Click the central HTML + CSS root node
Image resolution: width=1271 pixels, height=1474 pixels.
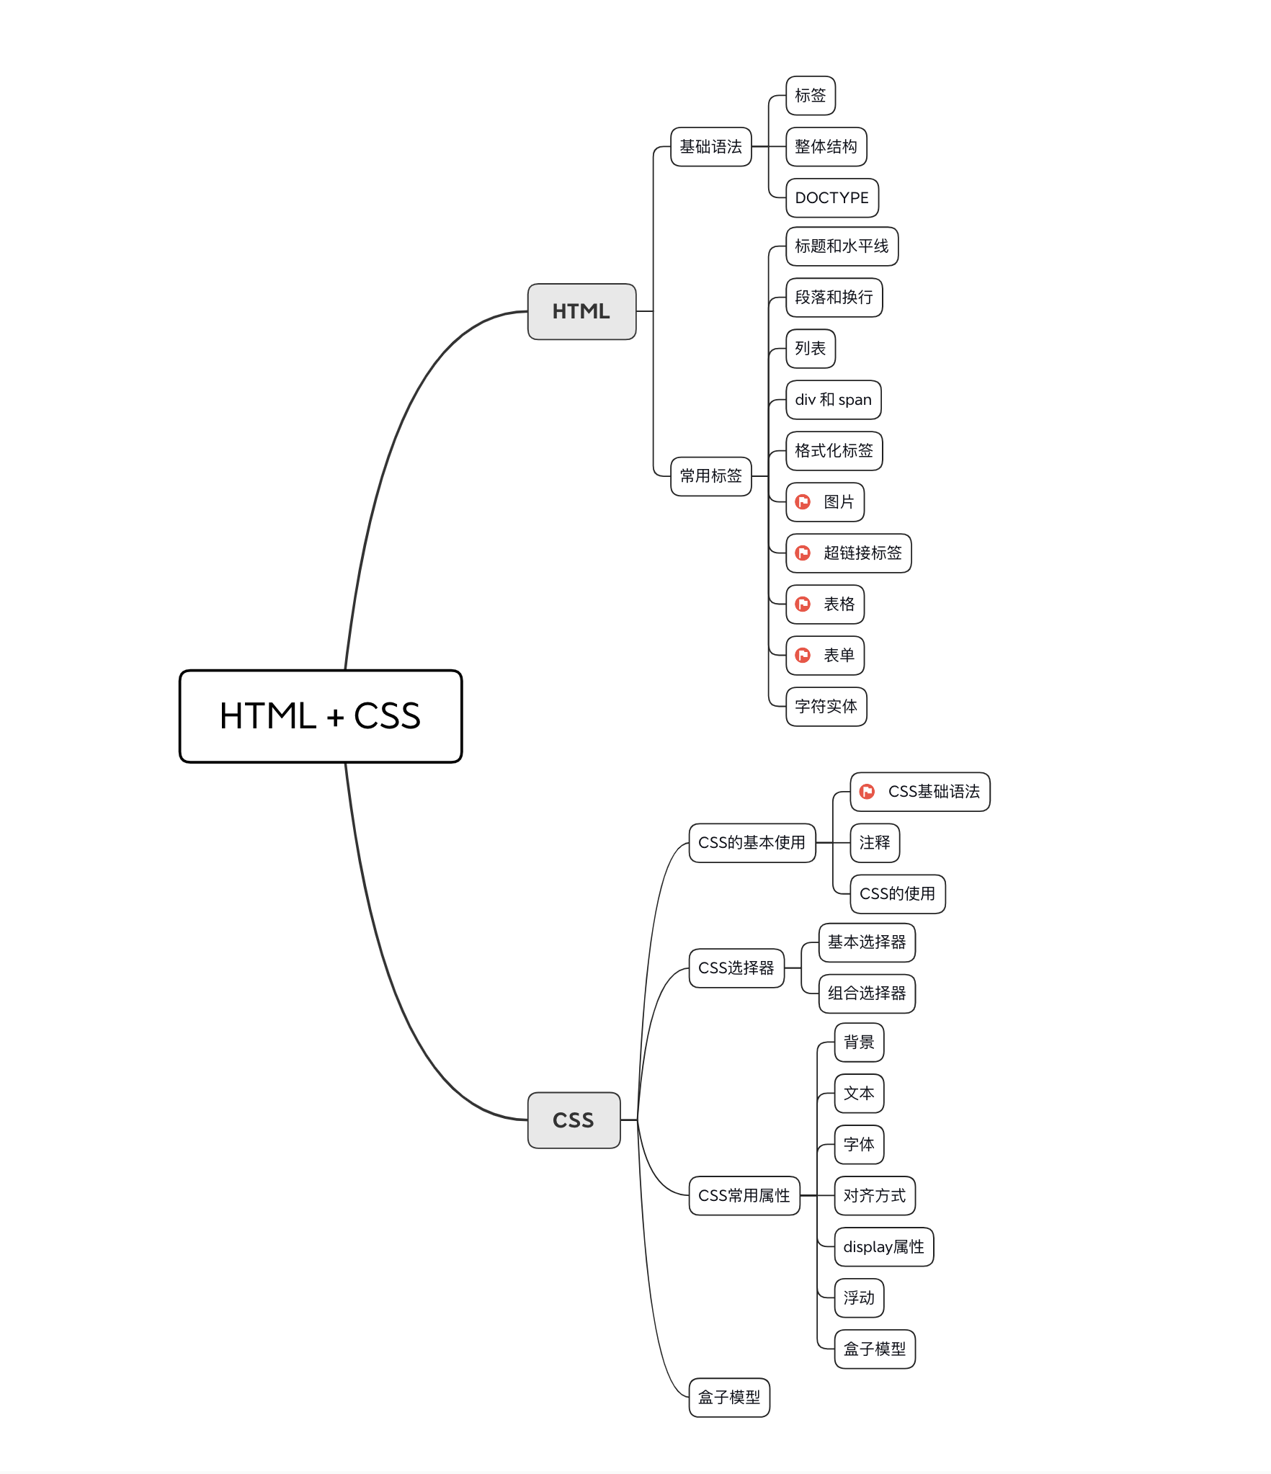pos(321,716)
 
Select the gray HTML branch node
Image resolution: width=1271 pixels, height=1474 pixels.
pos(581,311)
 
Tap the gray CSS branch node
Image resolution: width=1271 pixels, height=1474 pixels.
pos(574,1120)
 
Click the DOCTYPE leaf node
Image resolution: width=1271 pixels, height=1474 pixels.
pos(831,198)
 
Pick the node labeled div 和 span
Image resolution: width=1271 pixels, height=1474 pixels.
pos(833,400)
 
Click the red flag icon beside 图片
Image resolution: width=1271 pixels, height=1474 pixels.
pos(803,502)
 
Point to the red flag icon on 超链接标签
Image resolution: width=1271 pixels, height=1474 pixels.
pos(803,553)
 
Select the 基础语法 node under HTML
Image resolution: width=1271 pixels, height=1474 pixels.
pos(710,147)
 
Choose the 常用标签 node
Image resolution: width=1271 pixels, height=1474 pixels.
pos(710,476)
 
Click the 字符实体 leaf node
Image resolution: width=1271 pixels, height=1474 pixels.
pos(826,707)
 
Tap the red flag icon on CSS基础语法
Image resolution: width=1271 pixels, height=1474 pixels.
pos(868,792)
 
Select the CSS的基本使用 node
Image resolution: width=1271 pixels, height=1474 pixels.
pos(752,843)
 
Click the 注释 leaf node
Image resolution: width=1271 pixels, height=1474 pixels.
pos(875,843)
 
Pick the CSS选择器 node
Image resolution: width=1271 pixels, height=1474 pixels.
pos(736,968)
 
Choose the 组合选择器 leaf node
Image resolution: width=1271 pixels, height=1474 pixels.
pos(867,993)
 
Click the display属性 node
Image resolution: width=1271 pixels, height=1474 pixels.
pos(883,1247)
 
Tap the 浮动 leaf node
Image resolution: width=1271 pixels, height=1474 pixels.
pos(859,1298)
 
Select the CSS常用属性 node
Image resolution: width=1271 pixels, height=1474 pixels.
pos(744,1196)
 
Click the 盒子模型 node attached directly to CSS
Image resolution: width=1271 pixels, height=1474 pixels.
pos(729,1398)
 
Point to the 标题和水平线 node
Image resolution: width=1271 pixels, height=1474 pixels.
pos(842,246)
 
